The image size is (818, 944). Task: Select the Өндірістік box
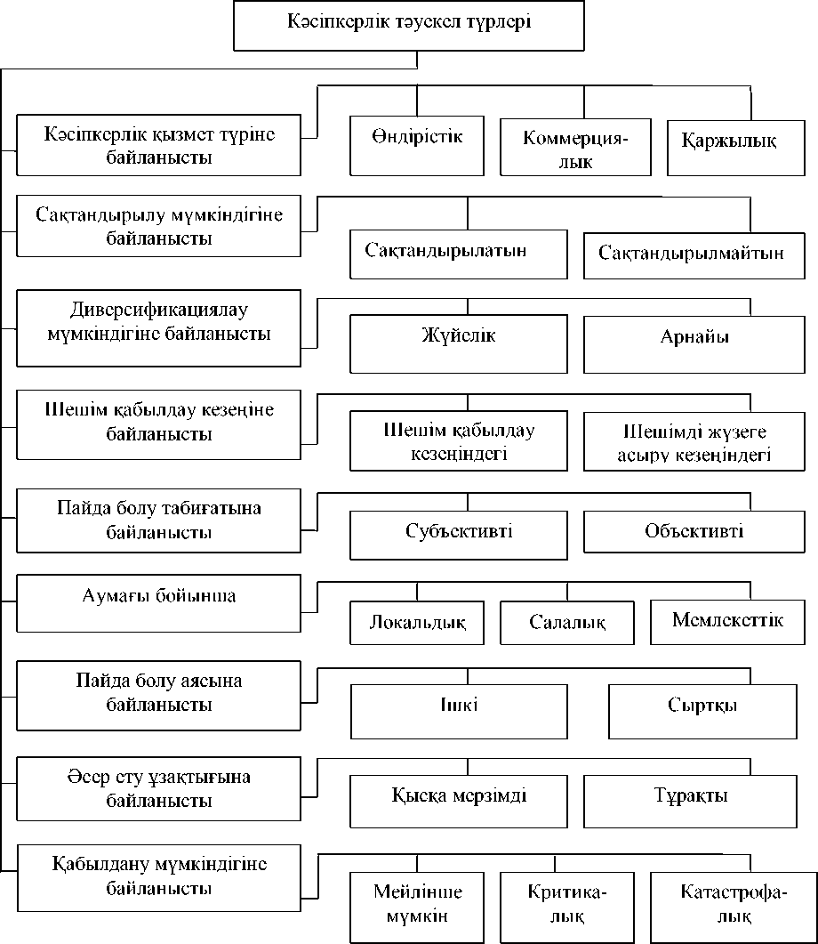point(416,144)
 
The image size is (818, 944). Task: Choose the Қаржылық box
point(729,144)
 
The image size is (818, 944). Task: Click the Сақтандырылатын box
point(458,254)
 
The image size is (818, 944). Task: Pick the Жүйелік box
point(458,343)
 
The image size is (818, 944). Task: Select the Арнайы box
point(691,343)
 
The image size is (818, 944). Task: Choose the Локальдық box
point(416,623)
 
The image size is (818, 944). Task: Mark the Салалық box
point(567,623)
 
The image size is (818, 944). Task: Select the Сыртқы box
point(702,710)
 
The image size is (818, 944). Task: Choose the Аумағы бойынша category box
point(158,601)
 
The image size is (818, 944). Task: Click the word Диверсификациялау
point(156,312)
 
